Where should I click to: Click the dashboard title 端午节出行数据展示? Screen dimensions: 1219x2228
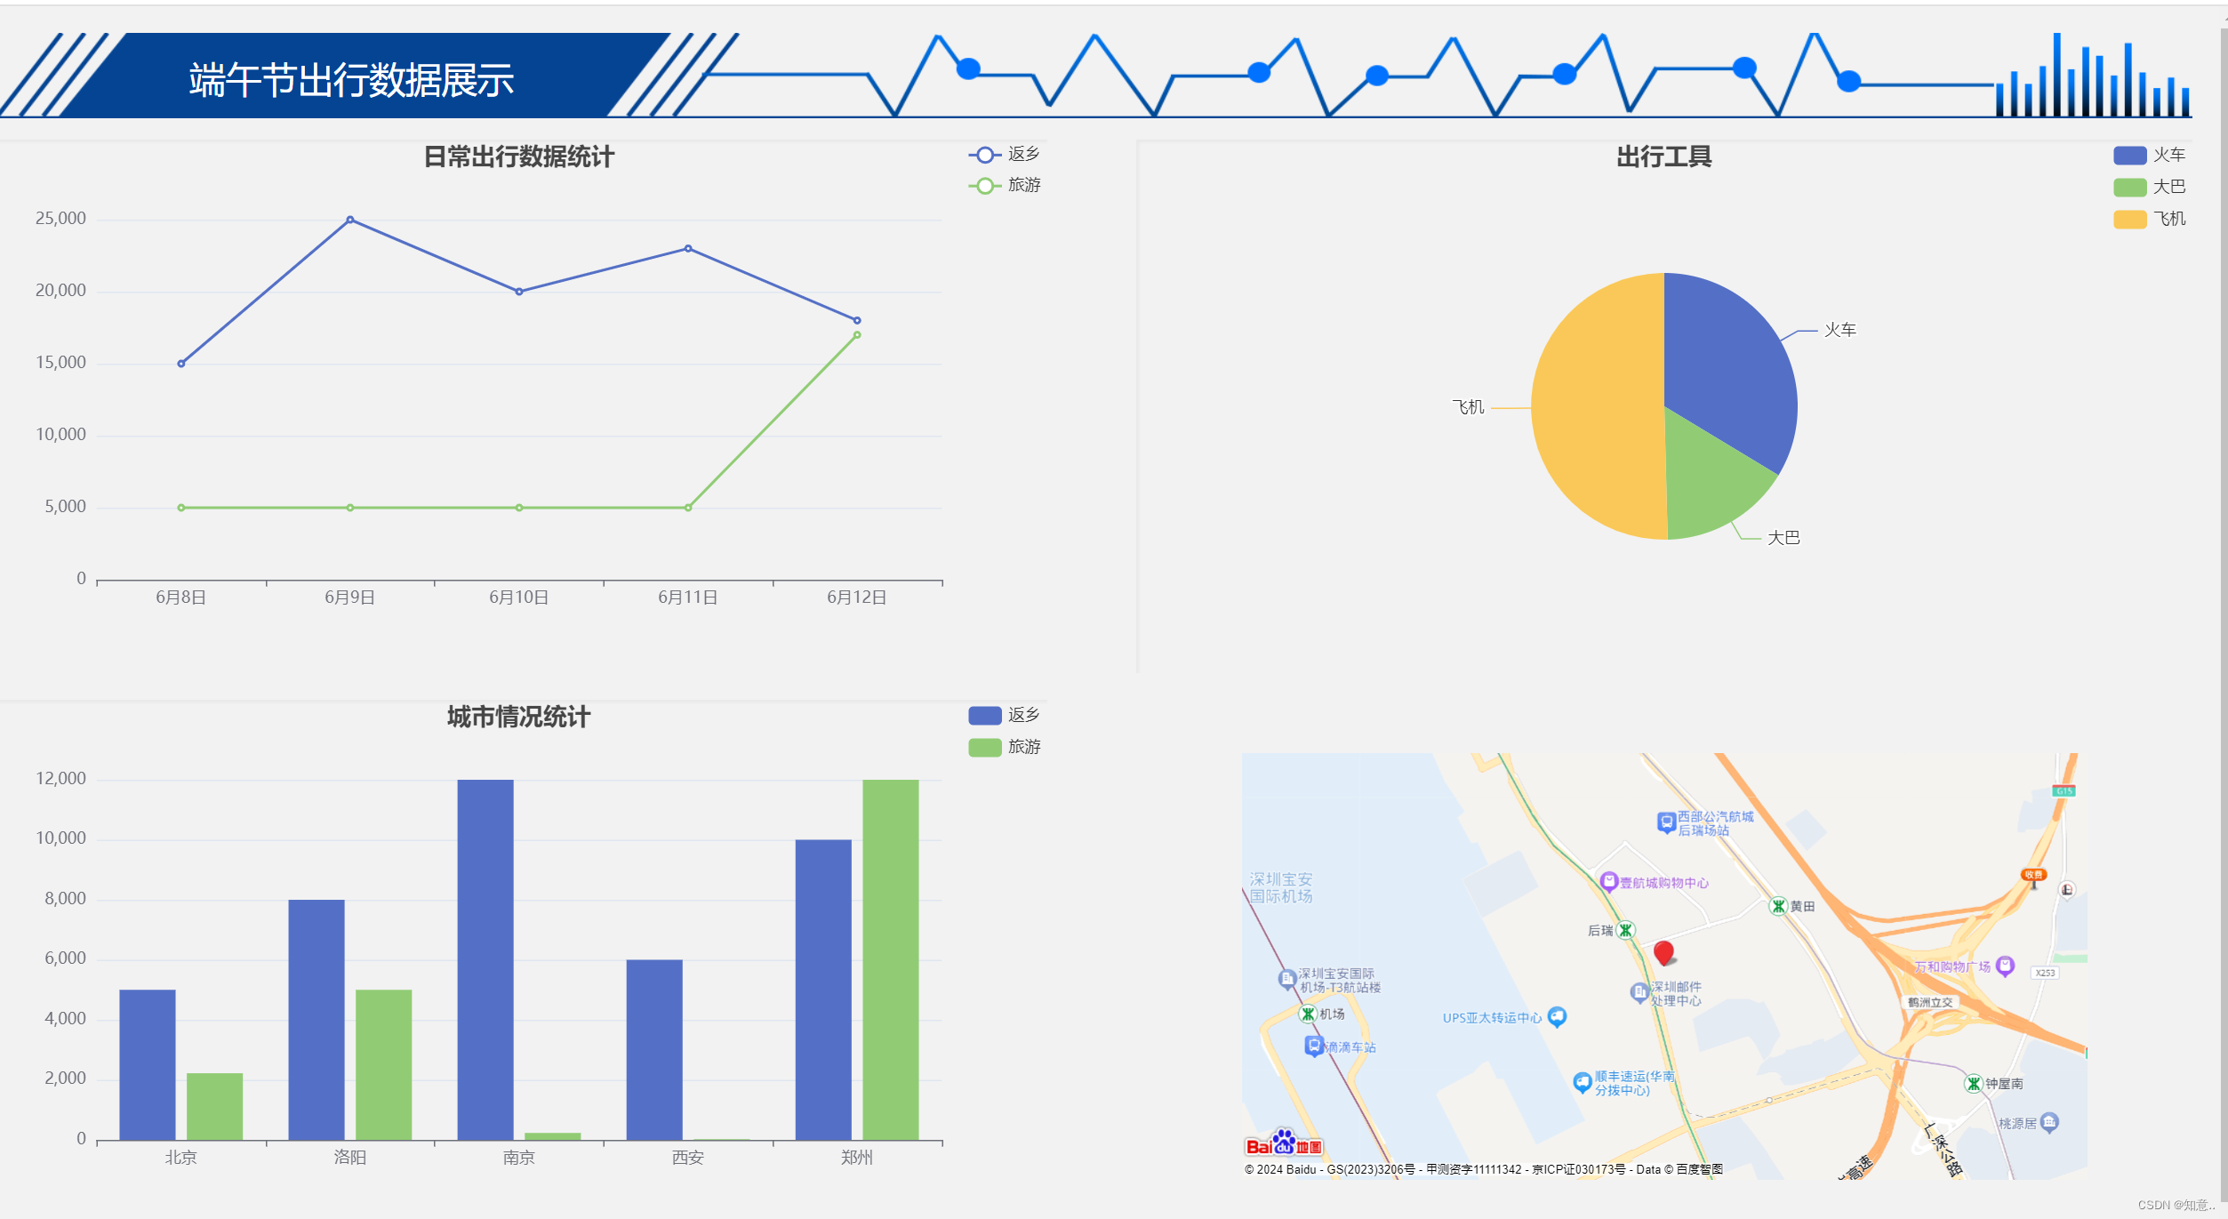(x=351, y=80)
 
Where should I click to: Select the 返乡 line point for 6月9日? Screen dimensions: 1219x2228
(x=350, y=220)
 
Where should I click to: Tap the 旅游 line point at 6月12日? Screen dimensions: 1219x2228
(x=857, y=335)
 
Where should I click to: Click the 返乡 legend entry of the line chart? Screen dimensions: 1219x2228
(x=1005, y=155)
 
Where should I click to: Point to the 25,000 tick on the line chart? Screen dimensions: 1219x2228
(x=60, y=219)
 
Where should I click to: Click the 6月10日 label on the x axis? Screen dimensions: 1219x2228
(x=518, y=597)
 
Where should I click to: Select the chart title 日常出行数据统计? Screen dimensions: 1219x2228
(x=519, y=157)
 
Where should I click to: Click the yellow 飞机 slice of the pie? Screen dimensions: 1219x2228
(x=1591, y=409)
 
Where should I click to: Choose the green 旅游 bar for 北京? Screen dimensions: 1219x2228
(x=214, y=1106)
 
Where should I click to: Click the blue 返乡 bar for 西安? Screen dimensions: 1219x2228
(x=654, y=1049)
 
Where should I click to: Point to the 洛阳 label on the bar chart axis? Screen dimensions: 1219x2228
(x=349, y=1158)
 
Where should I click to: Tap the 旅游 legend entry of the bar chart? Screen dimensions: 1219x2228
(x=1005, y=747)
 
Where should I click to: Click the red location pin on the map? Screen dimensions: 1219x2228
(x=1663, y=953)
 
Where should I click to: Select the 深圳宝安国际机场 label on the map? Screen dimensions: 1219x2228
(x=1280, y=887)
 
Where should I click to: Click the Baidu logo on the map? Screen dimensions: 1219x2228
(x=1284, y=1144)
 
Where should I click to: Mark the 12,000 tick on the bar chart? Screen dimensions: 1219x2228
(x=60, y=779)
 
